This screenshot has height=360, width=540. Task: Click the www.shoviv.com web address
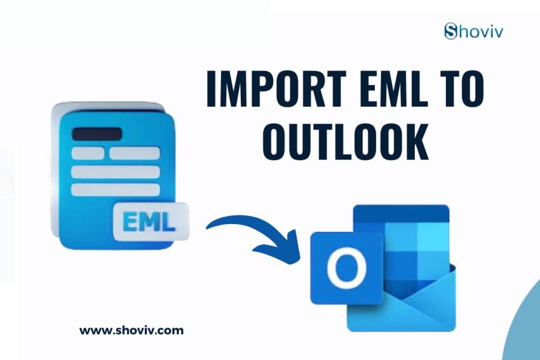132,330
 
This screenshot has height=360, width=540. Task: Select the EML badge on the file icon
151,222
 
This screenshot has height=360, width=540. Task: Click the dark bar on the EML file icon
97,134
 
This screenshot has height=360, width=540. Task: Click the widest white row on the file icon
115,171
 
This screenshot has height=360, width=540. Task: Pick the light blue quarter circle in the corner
524,330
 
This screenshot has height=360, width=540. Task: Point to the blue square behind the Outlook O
346,267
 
